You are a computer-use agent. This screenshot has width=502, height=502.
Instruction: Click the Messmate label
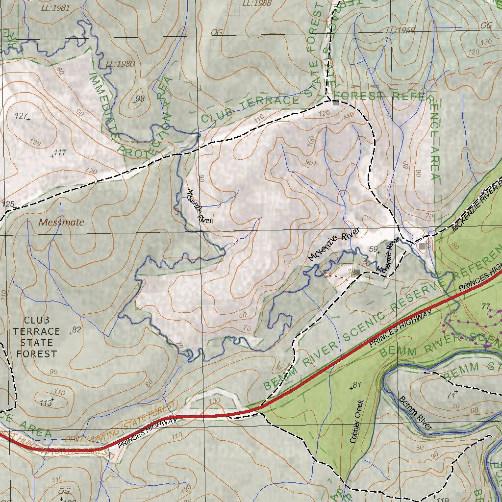click(x=61, y=222)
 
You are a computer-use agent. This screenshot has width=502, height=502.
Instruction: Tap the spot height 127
click(x=23, y=117)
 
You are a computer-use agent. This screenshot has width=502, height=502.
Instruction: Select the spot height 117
click(x=58, y=153)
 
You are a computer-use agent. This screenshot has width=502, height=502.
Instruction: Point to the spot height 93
click(x=139, y=100)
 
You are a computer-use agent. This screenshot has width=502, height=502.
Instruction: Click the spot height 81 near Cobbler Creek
click(x=355, y=386)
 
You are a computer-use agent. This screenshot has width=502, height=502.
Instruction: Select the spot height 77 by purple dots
click(x=486, y=307)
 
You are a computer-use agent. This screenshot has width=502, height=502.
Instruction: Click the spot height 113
click(x=47, y=402)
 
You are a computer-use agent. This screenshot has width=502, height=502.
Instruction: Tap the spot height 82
click(x=75, y=330)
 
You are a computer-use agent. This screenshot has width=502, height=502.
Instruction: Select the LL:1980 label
click(x=120, y=64)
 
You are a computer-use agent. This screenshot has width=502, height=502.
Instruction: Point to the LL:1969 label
click(x=400, y=30)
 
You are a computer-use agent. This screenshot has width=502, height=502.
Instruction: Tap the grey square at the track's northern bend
click(x=336, y=103)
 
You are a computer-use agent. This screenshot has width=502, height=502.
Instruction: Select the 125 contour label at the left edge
click(x=8, y=204)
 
